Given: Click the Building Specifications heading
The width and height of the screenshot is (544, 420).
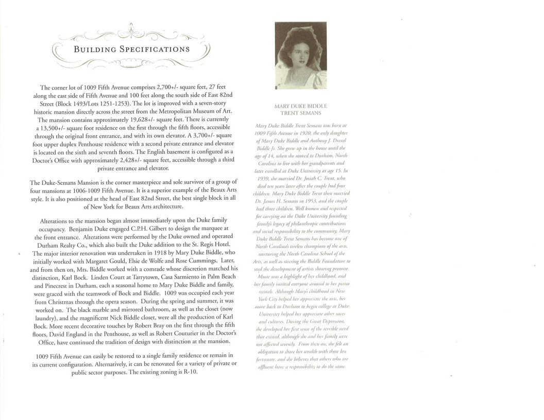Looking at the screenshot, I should [x=132, y=50].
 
